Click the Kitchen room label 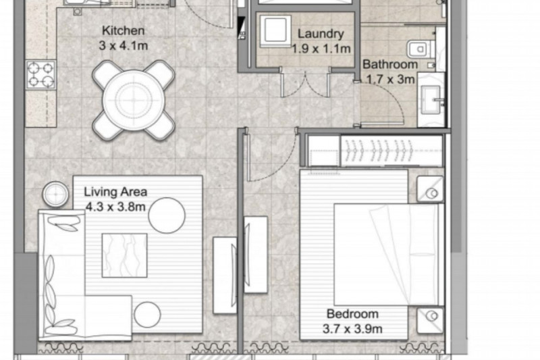[x=123, y=30]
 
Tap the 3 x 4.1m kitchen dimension [x=124, y=45]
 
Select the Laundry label [x=321, y=34]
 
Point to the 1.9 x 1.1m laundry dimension [x=321, y=49]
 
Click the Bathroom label [x=390, y=64]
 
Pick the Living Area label [x=115, y=192]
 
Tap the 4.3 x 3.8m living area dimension [x=115, y=207]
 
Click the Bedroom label [x=352, y=314]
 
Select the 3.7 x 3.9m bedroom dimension [x=352, y=329]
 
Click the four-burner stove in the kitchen [x=40, y=75]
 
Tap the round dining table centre [x=134, y=100]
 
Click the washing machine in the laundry [x=275, y=31]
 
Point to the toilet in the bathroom [x=421, y=49]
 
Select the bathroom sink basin [x=431, y=99]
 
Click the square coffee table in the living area [x=125, y=255]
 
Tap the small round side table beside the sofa [x=55, y=195]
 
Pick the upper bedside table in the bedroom [x=430, y=190]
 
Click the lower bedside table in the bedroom [x=430, y=320]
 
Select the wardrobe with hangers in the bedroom [x=391, y=151]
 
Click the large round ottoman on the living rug [x=167, y=215]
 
